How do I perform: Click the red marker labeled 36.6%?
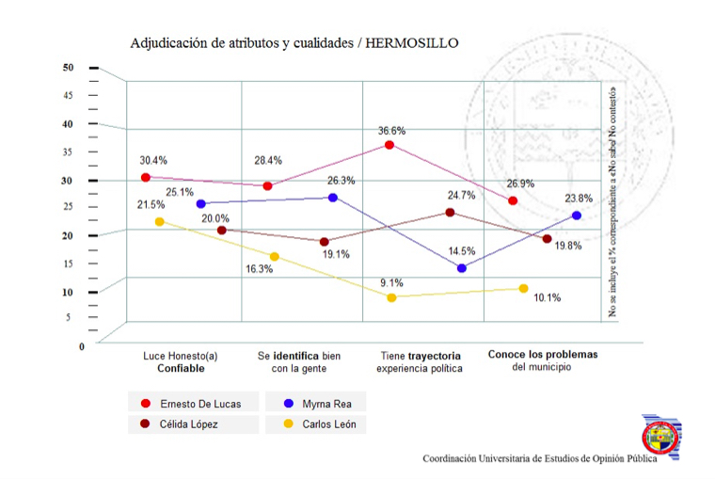389,145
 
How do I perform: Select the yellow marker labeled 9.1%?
391,297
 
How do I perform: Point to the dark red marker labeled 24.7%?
450,213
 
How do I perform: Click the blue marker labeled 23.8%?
577,216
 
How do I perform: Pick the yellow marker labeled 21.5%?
160,222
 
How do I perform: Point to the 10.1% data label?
547,298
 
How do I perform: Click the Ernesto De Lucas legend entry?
193,404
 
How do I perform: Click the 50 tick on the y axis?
68,68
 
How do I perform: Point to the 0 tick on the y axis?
82,346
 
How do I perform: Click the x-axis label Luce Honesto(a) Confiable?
181,362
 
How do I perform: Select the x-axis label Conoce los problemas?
543,356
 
